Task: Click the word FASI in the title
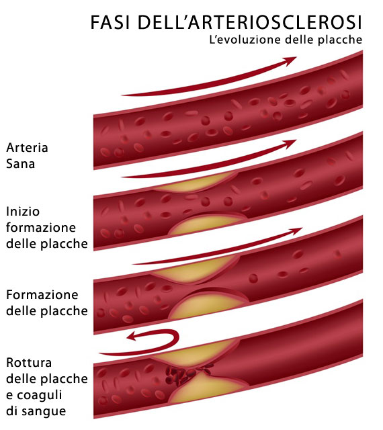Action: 110,22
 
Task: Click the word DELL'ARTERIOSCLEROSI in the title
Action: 250,22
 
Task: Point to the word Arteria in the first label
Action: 27,148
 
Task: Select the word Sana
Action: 21,164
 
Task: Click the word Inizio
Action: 23,212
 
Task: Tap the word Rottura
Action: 29,363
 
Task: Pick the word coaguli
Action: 39,396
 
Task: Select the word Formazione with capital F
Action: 42,295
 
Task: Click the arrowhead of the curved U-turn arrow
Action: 132,336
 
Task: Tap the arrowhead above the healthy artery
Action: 290,61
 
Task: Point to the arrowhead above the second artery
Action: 290,144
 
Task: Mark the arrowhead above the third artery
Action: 296,231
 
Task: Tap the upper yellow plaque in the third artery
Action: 195,270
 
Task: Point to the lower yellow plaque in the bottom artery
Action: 206,389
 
